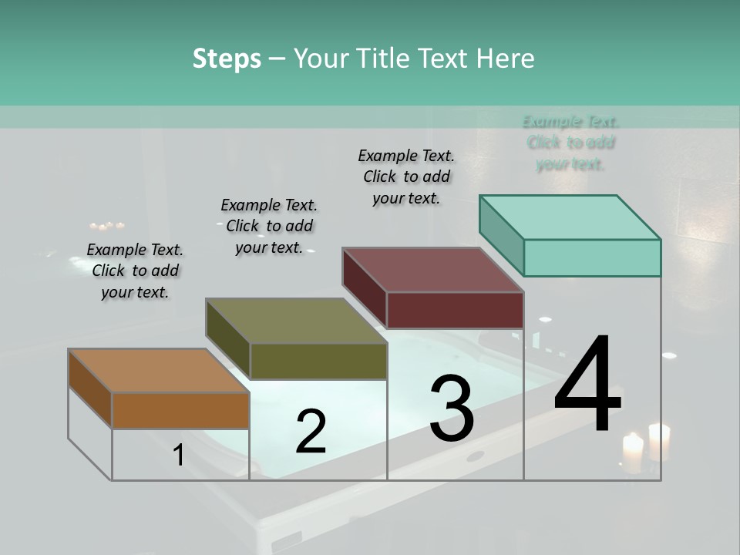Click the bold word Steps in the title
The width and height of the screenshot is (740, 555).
(x=227, y=59)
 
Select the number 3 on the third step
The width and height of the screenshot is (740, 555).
(x=452, y=409)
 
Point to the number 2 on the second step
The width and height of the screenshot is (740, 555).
(x=311, y=432)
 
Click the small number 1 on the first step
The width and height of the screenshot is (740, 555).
(x=179, y=456)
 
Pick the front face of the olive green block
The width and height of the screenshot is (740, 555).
(x=318, y=362)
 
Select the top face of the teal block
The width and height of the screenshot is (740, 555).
(x=570, y=217)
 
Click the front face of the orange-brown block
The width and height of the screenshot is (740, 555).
(x=180, y=411)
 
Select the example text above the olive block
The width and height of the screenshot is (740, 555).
(x=269, y=226)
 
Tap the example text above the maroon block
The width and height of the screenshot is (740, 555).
(x=406, y=177)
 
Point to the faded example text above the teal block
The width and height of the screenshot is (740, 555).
(x=570, y=143)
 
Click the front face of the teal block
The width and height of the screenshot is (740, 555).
(x=592, y=258)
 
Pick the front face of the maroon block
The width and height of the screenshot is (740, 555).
(x=455, y=311)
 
